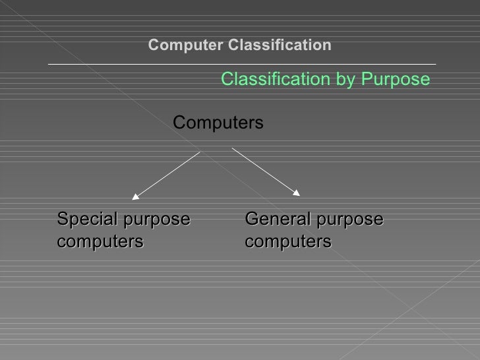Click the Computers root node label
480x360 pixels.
pyautogui.click(x=218, y=123)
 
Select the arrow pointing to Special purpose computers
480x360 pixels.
pyautogui.click(x=165, y=175)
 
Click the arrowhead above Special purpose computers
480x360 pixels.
pyautogui.click(x=135, y=195)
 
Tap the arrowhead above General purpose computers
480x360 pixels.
pyautogui.click(x=296, y=193)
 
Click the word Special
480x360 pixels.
pyautogui.click(x=82, y=220)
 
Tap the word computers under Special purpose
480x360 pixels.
pyautogui.click(x=100, y=242)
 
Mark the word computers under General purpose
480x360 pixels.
pyautogui.click(x=287, y=242)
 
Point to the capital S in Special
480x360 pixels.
pyautogui.click(x=63, y=219)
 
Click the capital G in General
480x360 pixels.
pyautogui.click(x=251, y=219)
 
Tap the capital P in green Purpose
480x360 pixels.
pyautogui.click(x=365, y=80)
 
